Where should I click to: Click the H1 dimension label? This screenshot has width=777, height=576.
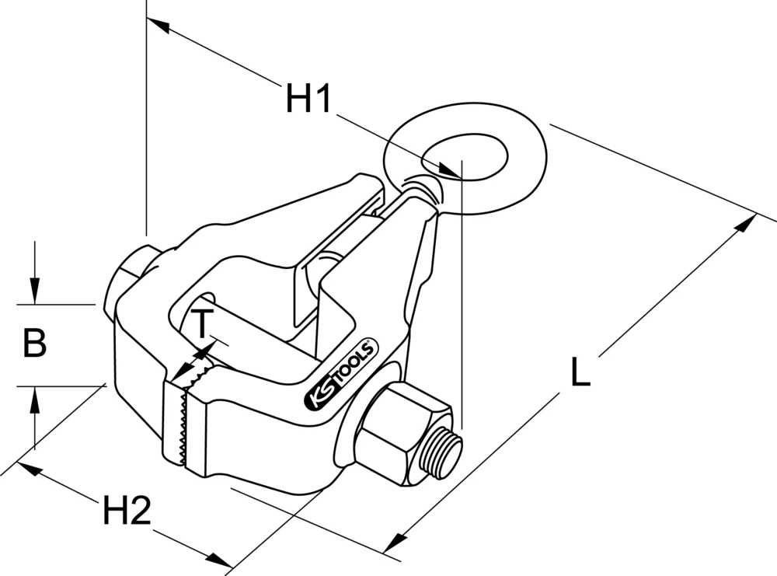(308, 99)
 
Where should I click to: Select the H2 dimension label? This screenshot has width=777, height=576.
(126, 511)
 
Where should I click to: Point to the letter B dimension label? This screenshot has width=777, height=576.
(33, 343)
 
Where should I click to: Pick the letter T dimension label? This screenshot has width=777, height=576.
(200, 323)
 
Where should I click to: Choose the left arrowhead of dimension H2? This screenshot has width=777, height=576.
(27, 470)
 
